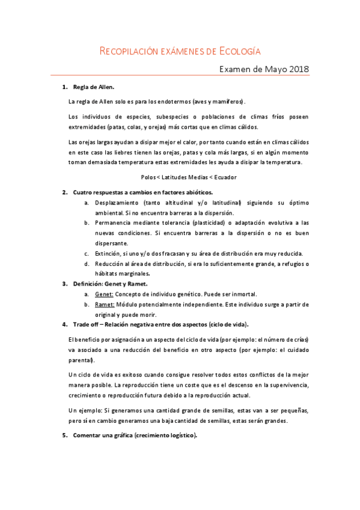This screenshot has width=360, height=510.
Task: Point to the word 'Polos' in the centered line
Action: [x=148, y=177]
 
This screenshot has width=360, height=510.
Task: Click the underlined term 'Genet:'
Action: [x=103, y=294]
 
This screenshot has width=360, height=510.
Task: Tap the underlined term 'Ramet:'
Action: [x=104, y=304]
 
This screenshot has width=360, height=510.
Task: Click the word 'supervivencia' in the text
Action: [x=284, y=384]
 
